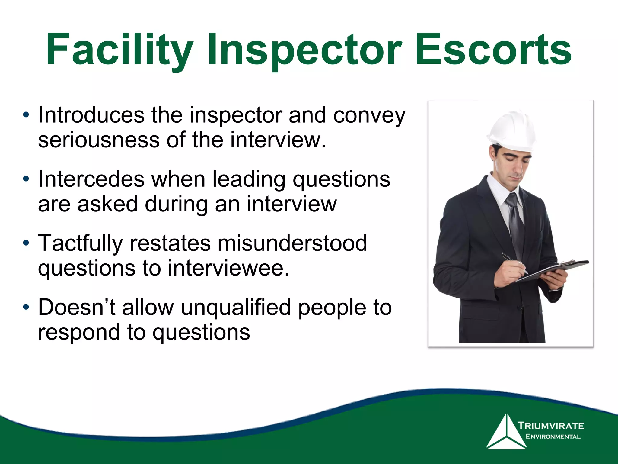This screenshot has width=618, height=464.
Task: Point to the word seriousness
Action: [99, 140]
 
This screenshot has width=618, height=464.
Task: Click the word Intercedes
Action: [91, 179]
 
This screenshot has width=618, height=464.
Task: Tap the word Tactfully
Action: [80, 243]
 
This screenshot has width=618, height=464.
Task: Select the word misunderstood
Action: [292, 243]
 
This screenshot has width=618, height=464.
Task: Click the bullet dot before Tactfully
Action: [26, 243]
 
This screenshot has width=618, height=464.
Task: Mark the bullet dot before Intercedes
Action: [26, 179]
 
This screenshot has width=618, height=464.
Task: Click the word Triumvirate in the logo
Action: [551, 426]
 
